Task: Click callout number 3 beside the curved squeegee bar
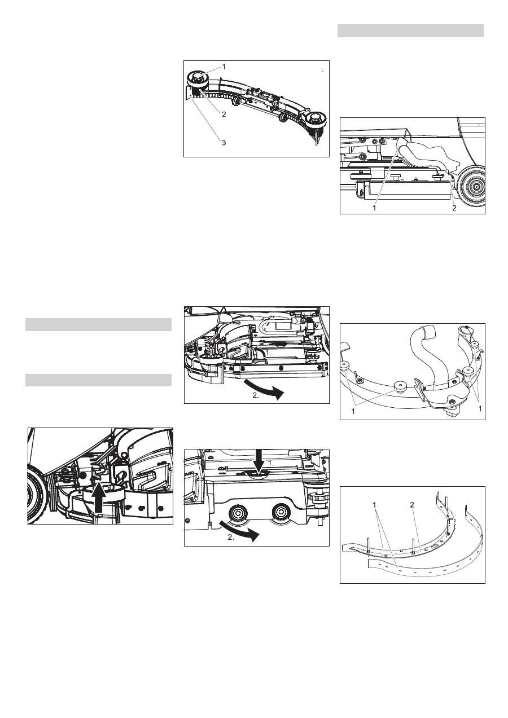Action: [224, 143]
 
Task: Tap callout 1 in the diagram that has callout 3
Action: [224, 67]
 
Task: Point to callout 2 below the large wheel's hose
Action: [454, 208]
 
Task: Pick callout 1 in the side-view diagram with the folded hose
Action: [374, 208]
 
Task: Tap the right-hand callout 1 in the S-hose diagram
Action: [480, 408]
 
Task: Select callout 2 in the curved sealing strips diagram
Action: [412, 505]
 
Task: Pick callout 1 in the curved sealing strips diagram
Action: [374, 505]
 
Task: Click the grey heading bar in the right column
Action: [410, 31]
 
